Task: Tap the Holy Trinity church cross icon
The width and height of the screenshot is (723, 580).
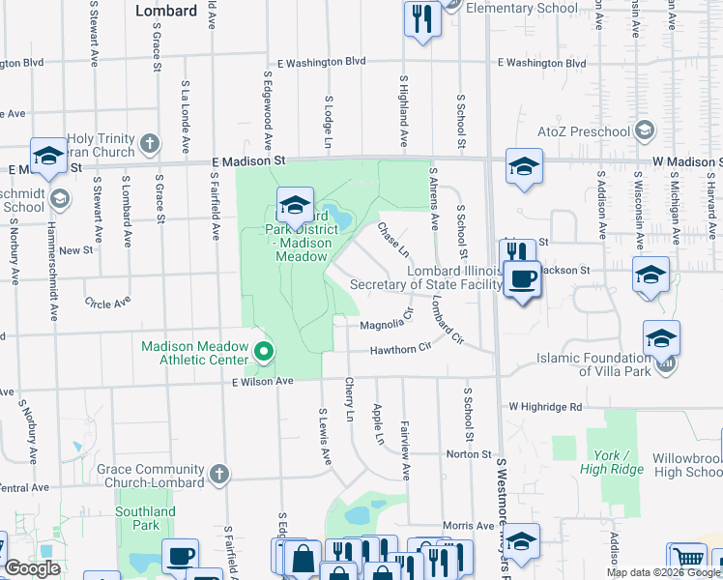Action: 148,144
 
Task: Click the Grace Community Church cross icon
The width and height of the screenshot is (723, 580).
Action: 219,474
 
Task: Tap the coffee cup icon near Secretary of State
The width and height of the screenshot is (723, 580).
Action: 523,279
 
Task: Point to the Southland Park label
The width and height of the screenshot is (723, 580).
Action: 145,518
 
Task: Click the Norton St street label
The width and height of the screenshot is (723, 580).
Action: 463,453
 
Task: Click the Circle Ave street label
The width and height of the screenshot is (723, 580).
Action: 107,303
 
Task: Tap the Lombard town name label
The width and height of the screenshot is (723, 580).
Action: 166,12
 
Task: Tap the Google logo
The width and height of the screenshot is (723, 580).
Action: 33,568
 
